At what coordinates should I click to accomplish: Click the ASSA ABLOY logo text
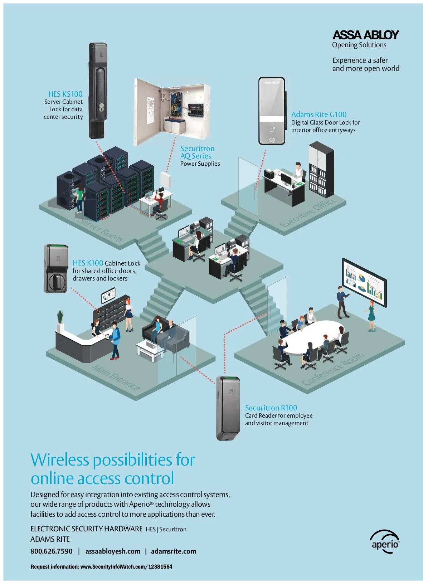pos(365,35)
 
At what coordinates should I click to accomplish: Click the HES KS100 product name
pos(65,94)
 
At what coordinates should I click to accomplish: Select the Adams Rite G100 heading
pos(319,115)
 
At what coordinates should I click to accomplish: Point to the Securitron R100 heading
pos(271,408)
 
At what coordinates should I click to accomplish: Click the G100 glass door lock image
pos(272,111)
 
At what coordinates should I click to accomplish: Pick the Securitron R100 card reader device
pos(228,408)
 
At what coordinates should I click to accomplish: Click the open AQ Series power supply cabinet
pos(171,112)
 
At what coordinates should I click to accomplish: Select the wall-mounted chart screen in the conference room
pos(364,283)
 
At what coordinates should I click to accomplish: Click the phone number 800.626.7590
pos(52,551)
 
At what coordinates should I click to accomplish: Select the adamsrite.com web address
pos(174,551)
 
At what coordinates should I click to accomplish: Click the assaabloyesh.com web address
pos(113,551)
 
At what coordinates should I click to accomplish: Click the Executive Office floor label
pos(308,212)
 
